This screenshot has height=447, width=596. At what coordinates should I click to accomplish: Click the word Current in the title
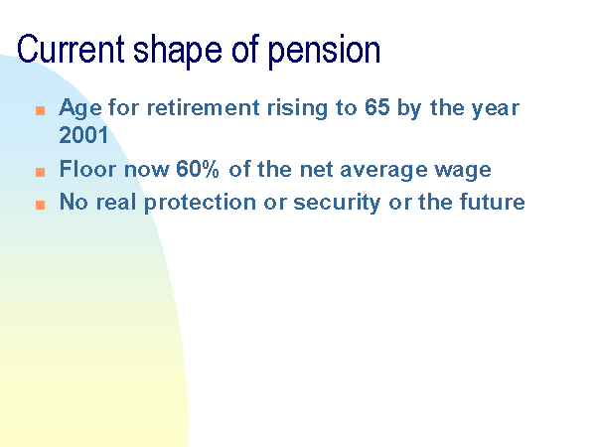(71, 49)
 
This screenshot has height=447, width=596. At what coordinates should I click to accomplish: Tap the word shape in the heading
(178, 52)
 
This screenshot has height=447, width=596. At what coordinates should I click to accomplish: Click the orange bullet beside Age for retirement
(41, 110)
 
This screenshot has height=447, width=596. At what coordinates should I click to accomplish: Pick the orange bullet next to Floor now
(41, 172)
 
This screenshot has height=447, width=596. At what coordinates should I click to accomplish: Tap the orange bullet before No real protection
(41, 205)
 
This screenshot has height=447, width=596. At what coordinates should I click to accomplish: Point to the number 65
(377, 107)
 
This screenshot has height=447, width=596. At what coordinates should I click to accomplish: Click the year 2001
(83, 135)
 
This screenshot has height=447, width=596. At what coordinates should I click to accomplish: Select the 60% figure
(198, 169)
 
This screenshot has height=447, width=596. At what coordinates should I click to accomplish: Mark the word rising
(297, 109)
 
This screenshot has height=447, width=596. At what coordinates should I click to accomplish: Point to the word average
(383, 171)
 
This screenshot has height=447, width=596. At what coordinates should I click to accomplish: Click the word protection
(200, 203)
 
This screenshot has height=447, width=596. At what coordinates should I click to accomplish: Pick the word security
(337, 203)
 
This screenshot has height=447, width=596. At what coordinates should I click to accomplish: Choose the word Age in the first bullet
(80, 109)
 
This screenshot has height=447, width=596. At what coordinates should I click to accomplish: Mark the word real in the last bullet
(116, 202)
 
